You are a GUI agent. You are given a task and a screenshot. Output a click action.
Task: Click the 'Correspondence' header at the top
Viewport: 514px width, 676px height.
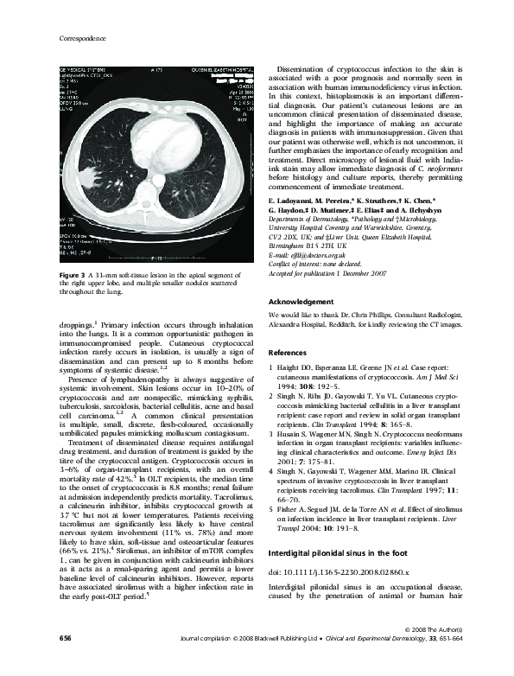point(80,39)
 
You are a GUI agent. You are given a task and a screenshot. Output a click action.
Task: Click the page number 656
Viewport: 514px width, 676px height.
point(65,662)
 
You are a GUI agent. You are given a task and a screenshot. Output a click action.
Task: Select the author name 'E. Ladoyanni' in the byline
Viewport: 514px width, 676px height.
point(297,200)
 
